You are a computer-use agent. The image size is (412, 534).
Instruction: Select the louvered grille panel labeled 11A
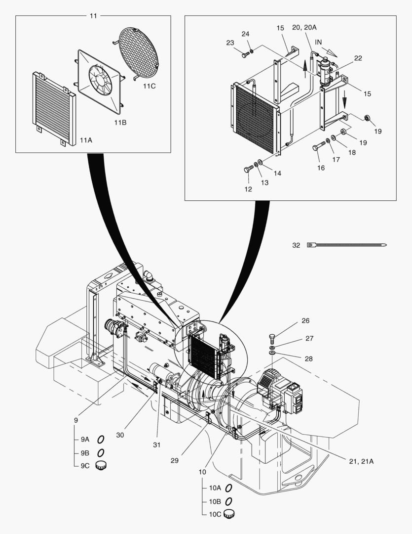point(54,109)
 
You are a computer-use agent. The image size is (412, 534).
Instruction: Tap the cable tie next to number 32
point(346,245)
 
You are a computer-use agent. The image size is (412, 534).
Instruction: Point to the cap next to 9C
point(101,465)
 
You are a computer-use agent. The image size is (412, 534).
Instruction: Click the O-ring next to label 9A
point(101,440)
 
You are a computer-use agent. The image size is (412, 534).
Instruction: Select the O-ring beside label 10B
point(229,501)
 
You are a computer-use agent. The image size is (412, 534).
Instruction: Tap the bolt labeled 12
point(249,169)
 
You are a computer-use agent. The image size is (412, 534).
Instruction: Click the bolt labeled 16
point(319,146)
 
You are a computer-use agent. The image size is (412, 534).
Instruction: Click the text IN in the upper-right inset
point(318,42)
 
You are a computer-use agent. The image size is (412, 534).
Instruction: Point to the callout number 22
point(358,58)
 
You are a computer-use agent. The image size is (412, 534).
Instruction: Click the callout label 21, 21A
point(361,461)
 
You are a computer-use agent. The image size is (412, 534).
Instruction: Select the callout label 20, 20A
point(304,27)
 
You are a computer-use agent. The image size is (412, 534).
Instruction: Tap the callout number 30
point(120,435)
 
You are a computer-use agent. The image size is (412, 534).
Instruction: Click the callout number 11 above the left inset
point(93,16)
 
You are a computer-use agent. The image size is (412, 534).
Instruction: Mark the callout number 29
point(174,460)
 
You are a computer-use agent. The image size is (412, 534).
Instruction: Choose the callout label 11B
point(120,122)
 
